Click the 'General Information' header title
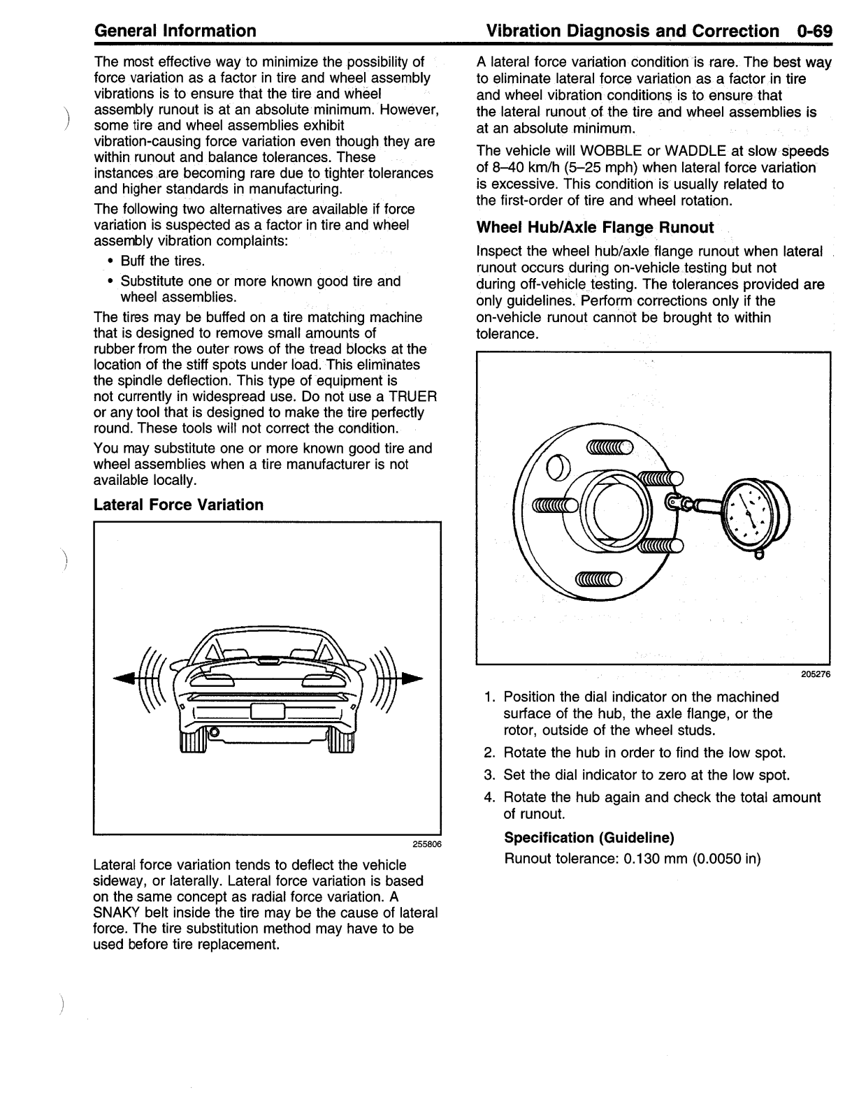coord(175,31)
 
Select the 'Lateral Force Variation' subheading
coord(178,504)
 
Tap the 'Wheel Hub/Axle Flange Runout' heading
coord(595,227)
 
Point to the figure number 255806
coord(426,843)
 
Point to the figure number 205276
coord(816,674)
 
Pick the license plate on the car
coord(267,711)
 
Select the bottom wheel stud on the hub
coord(598,579)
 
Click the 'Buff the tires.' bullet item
coord(162,261)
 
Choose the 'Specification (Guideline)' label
coord(589,837)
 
